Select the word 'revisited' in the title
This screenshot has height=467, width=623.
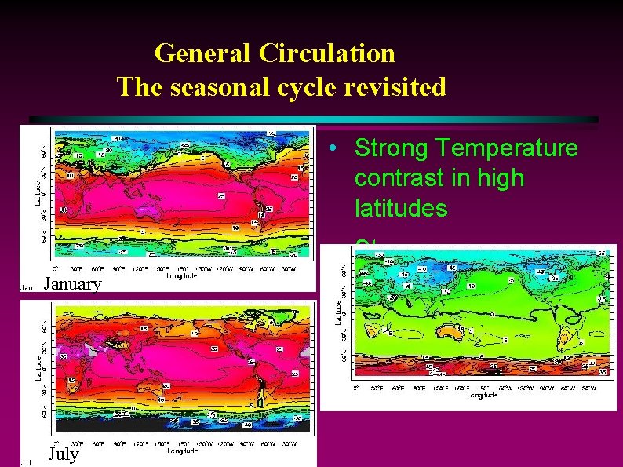395,86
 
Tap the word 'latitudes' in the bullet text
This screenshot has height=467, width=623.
401,208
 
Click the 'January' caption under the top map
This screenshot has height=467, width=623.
72,284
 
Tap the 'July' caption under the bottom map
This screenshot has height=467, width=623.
64,454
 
